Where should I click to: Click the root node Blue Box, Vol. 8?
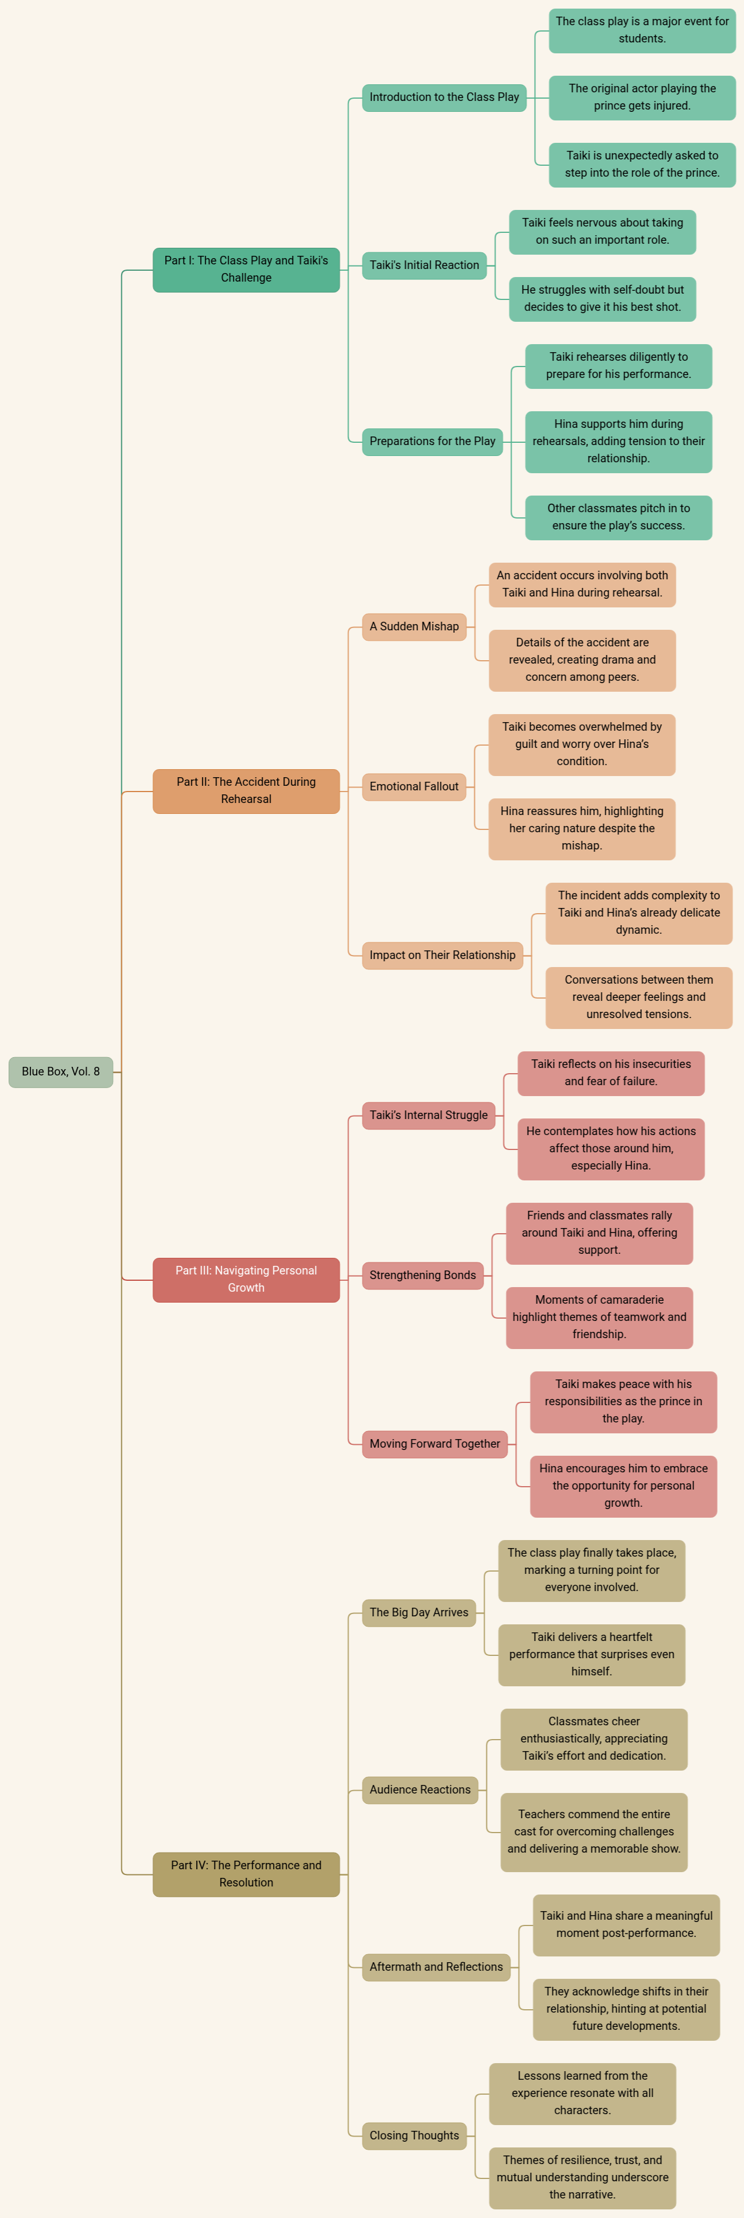[x=60, y=1071]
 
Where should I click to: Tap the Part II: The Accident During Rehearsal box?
[x=246, y=790]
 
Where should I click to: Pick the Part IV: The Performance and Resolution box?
[x=246, y=1874]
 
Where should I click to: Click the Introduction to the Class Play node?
[x=445, y=98]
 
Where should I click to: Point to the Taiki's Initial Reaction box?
[x=424, y=265]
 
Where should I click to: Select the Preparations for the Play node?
[x=433, y=442]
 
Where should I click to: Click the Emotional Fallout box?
[x=414, y=786]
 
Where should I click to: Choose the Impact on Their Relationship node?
[x=443, y=955]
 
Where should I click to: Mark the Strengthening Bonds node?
[x=423, y=1275]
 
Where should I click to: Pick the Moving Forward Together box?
[x=435, y=1444]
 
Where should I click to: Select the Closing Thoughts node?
[x=414, y=2135]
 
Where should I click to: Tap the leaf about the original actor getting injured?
[x=642, y=98]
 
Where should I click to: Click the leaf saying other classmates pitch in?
[x=618, y=517]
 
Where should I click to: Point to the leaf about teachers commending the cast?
[x=594, y=1831]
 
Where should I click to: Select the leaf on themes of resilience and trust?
[x=582, y=2177]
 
